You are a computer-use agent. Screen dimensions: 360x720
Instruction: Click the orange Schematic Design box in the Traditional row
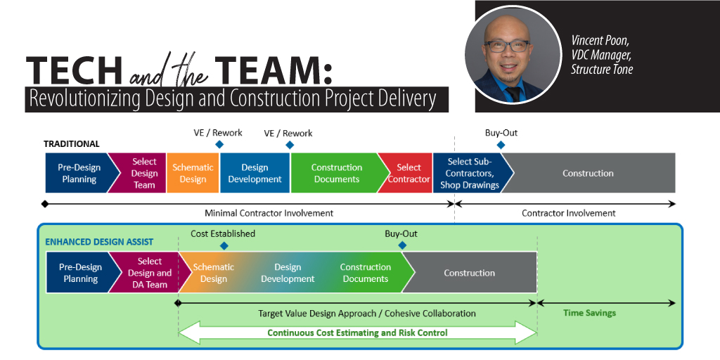tap(192, 173)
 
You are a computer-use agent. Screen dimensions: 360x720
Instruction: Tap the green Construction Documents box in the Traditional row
tap(336, 173)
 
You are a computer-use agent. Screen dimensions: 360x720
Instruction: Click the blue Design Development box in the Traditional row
tap(255, 173)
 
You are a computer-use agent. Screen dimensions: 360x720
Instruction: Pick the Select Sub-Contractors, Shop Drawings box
tap(468, 173)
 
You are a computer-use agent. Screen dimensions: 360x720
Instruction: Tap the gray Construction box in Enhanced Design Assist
tap(470, 273)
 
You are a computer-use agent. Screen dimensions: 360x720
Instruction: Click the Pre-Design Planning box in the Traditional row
tap(77, 173)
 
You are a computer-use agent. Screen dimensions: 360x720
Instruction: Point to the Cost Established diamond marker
tap(224, 245)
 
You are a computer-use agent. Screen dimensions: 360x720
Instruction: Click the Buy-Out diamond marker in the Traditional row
tap(501, 145)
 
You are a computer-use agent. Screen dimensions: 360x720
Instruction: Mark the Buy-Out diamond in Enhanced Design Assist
tap(402, 245)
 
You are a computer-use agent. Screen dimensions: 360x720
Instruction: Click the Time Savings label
tap(589, 313)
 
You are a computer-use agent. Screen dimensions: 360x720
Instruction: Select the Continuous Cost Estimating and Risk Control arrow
tap(357, 333)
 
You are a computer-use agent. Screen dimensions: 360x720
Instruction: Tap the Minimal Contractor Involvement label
tap(269, 212)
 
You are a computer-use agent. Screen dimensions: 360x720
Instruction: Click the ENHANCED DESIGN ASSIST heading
tap(99, 242)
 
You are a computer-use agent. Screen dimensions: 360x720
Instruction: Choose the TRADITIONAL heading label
tap(72, 143)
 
